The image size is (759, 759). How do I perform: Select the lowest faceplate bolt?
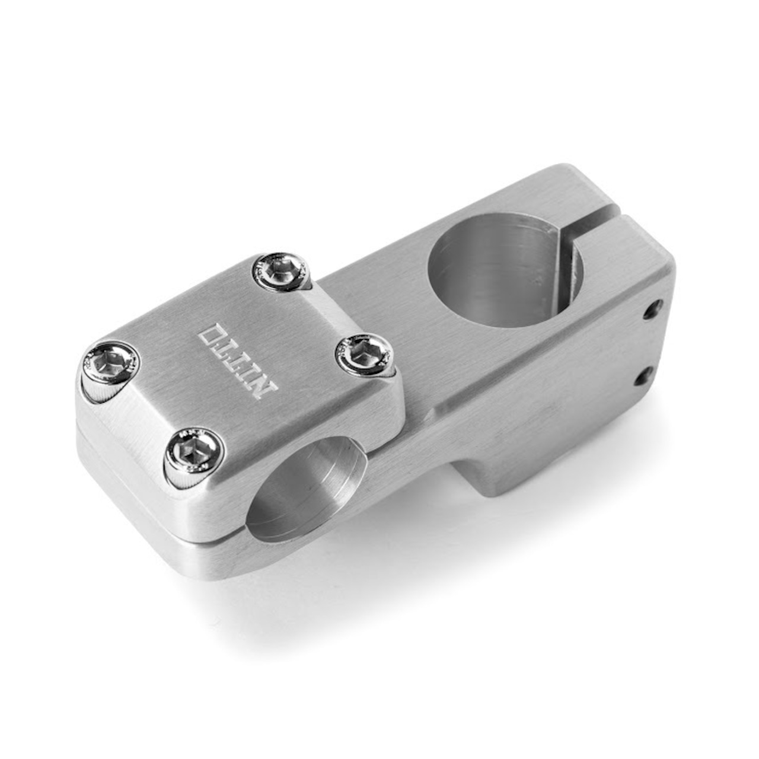tap(195, 455)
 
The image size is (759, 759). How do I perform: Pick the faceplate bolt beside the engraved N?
tap(364, 355)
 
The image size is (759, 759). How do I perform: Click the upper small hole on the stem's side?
tap(653, 308)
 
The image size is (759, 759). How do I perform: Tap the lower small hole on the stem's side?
tap(643, 376)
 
